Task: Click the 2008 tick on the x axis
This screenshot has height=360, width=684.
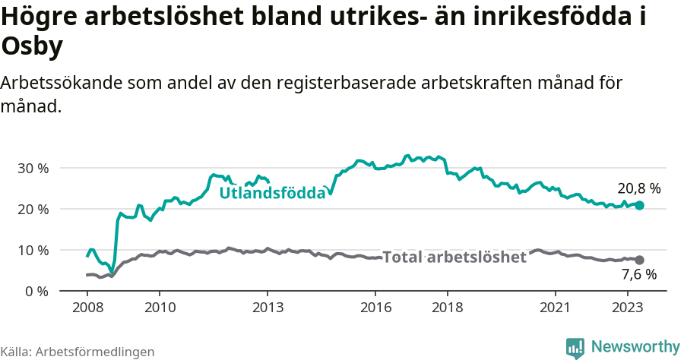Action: coord(87,308)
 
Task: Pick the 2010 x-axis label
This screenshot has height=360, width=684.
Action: coord(160,308)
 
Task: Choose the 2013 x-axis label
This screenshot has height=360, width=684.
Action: coord(268,308)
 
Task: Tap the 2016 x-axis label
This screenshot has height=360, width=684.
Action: coord(375,308)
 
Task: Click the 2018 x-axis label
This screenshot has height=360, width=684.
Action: coord(448,308)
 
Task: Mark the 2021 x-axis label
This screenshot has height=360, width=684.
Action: coord(556,308)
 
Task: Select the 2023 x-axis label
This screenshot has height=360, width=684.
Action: coord(628,308)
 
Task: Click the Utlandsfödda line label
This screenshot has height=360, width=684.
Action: coord(272,194)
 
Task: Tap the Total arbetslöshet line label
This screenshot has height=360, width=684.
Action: coord(454,257)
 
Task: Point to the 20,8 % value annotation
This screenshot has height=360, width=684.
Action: coord(639,188)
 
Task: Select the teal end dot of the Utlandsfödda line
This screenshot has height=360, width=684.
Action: coord(640,206)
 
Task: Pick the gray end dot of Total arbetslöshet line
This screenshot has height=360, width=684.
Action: coord(640,260)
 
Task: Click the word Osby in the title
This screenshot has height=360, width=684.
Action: coord(33,47)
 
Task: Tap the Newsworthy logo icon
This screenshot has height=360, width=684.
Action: coord(575,347)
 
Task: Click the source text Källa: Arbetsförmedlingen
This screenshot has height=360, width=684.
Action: coord(78,352)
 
